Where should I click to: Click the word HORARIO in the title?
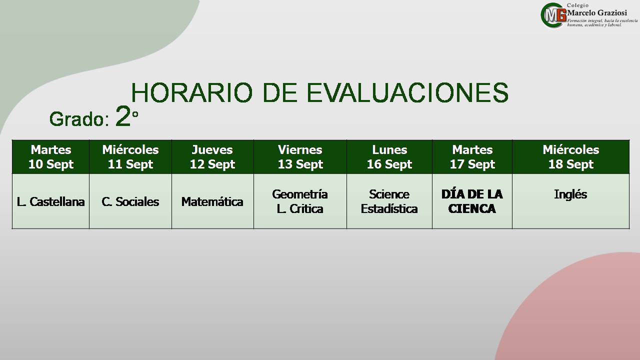191,92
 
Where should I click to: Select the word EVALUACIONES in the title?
407,92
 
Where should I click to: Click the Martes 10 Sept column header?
51,157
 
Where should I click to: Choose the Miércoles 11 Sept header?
130,157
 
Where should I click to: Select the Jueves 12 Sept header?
212,157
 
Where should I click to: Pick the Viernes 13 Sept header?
300,157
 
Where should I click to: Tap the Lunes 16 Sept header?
389,157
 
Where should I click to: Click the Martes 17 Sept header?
472,157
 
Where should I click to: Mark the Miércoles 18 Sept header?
571,157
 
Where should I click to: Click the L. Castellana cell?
50,201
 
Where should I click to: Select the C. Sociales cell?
130,201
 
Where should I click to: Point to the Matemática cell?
212,201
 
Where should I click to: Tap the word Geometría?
300,194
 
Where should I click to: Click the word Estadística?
389,209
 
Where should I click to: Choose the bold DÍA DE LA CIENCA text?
472,201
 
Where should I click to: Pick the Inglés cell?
570,195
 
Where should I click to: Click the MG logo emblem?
553,15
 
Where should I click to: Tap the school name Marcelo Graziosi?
597,13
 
